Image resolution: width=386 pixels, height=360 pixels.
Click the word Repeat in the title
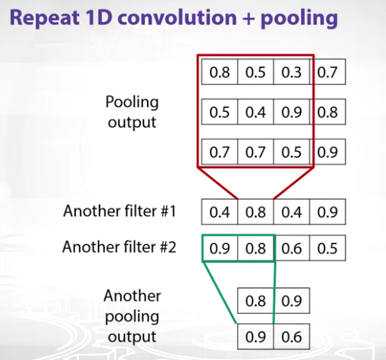click(x=44, y=18)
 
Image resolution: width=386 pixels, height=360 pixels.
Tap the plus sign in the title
click(x=248, y=18)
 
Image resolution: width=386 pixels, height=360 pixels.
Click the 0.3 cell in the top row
click(x=291, y=72)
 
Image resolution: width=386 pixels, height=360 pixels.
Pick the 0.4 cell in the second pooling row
click(x=256, y=112)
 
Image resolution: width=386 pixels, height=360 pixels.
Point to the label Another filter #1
click(x=119, y=211)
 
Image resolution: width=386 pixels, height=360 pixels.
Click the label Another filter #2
click(x=119, y=247)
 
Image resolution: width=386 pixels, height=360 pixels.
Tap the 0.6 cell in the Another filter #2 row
click(x=292, y=248)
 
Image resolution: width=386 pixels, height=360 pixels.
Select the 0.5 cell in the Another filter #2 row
click(x=328, y=248)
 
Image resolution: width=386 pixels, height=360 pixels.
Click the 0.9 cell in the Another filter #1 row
click(x=328, y=212)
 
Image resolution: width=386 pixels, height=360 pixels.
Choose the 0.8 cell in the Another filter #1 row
click(x=256, y=212)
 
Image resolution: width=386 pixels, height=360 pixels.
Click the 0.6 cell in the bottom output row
click(x=292, y=336)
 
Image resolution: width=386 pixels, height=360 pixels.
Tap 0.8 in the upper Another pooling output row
click(x=256, y=301)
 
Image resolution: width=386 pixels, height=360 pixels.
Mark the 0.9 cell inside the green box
click(x=220, y=248)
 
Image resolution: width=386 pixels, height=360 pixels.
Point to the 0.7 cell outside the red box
click(x=328, y=72)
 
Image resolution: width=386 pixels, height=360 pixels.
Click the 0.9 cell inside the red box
click(x=291, y=112)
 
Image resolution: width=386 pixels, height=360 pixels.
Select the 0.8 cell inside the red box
click(x=220, y=72)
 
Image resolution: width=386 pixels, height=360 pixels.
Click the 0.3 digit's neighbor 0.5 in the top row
click(x=256, y=72)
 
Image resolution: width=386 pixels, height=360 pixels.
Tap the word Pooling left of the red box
click(x=132, y=103)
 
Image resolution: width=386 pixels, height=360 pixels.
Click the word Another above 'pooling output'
click(x=132, y=296)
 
